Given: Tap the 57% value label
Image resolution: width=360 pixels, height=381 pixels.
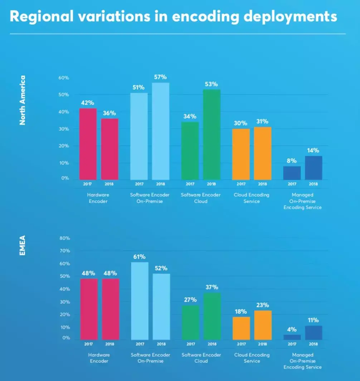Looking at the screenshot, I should click(x=161, y=77).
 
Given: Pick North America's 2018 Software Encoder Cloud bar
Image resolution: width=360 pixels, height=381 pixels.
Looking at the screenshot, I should click(x=212, y=135).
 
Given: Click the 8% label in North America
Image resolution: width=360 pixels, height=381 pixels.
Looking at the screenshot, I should click(x=292, y=161).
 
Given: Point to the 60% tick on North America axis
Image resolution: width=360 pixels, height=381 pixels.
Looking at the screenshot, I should click(x=64, y=78).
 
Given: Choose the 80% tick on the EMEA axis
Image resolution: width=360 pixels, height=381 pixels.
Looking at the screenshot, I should click(x=65, y=238).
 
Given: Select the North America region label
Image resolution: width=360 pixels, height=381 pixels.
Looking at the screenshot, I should click(x=23, y=100).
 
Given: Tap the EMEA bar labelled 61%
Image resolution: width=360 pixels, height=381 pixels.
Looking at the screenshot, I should click(x=140, y=301).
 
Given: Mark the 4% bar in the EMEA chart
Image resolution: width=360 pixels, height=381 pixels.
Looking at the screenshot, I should click(x=292, y=337).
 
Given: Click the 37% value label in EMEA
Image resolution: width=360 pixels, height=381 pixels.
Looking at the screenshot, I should click(x=212, y=287).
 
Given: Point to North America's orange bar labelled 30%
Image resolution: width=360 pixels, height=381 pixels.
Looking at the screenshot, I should click(x=241, y=154).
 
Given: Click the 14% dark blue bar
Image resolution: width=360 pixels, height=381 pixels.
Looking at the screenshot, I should click(x=313, y=168).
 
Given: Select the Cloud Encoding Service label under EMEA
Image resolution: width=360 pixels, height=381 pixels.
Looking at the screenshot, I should click(x=252, y=358).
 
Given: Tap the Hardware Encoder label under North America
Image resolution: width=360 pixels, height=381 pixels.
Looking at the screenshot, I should click(x=98, y=198).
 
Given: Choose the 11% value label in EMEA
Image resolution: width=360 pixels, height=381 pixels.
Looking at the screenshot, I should click(x=313, y=320).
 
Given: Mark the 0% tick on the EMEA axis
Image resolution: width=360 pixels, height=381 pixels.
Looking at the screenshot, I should click(x=66, y=338).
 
